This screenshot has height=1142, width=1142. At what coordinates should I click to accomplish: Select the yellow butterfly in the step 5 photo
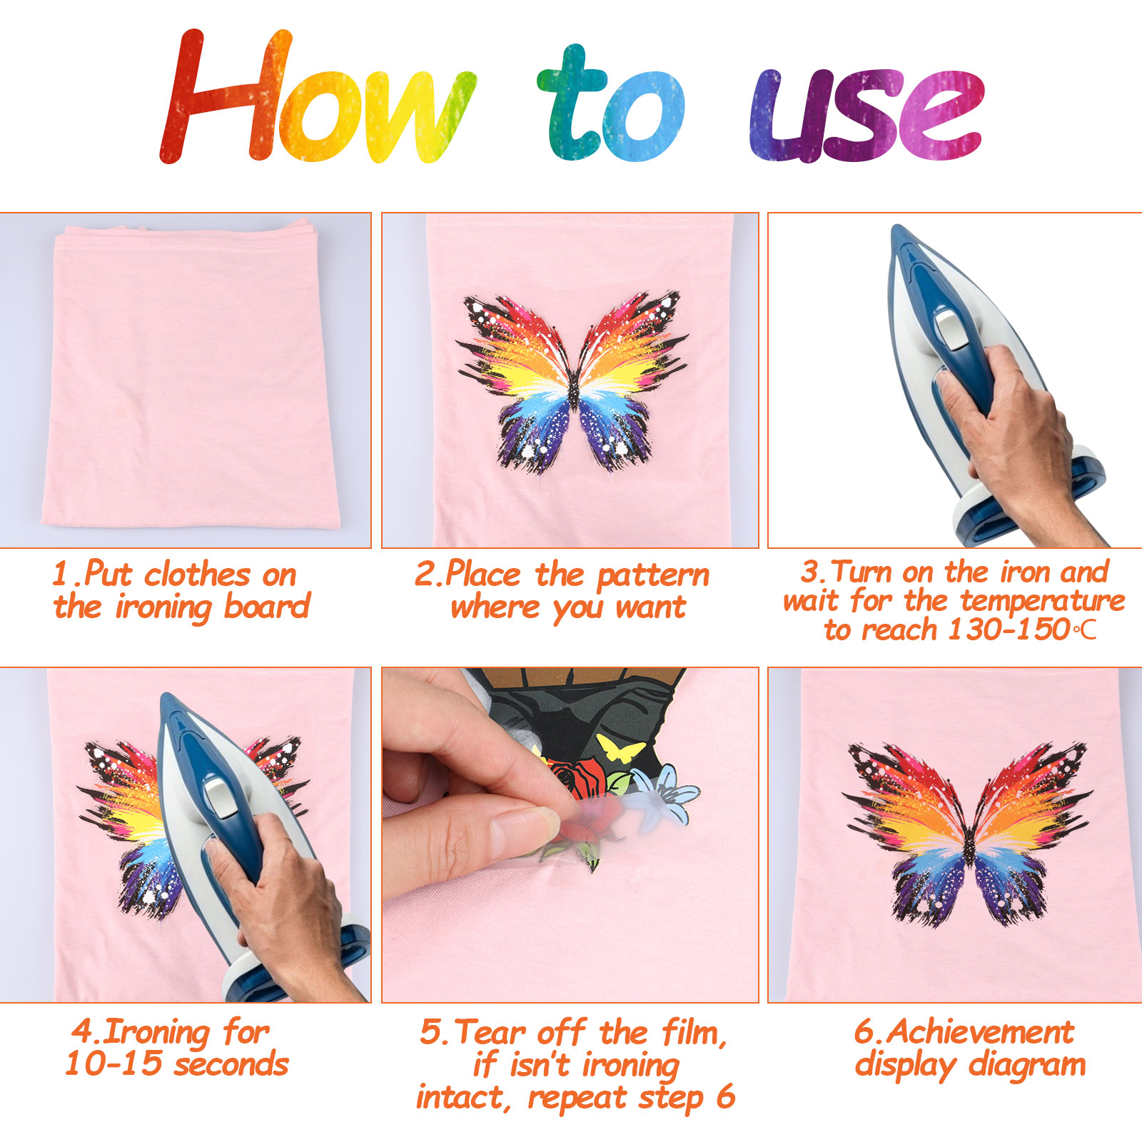620,748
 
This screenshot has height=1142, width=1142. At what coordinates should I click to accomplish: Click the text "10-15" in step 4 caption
113,1064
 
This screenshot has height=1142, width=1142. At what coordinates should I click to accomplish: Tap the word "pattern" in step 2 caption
653,575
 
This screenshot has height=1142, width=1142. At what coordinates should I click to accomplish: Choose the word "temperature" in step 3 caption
1043,601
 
